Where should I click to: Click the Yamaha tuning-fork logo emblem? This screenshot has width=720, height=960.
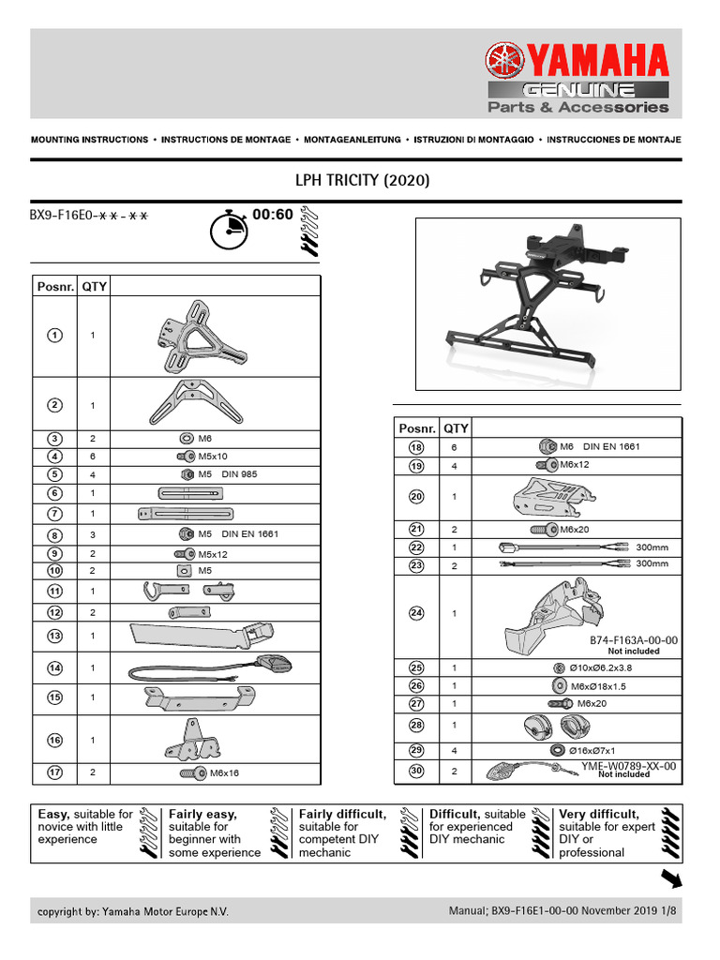click(x=506, y=64)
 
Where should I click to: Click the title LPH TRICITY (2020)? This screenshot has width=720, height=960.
click(x=363, y=180)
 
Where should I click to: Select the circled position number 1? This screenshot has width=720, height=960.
click(x=55, y=335)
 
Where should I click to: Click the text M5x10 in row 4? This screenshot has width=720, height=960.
click(x=214, y=457)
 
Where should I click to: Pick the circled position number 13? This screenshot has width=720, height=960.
click(x=55, y=636)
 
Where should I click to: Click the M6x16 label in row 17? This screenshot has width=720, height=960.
click(x=225, y=773)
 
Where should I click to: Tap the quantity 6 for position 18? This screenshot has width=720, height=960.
click(x=455, y=447)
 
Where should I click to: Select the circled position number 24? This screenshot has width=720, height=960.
click(x=416, y=613)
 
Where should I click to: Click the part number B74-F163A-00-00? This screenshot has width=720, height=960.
click(x=633, y=639)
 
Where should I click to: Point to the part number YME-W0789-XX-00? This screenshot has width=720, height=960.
click(x=628, y=766)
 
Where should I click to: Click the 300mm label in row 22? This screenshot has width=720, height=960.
click(x=652, y=547)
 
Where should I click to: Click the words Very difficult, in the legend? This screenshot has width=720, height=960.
click(x=599, y=815)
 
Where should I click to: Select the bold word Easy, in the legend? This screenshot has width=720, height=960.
click(x=53, y=815)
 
